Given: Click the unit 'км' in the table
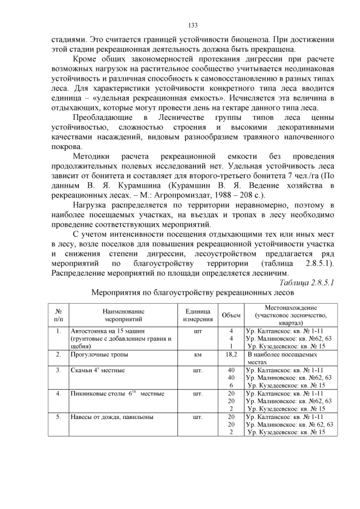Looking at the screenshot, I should (197, 355).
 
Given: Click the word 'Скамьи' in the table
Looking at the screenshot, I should (82, 371).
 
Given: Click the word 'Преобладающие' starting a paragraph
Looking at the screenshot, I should (103, 117).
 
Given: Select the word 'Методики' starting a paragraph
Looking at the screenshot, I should (92, 156).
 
